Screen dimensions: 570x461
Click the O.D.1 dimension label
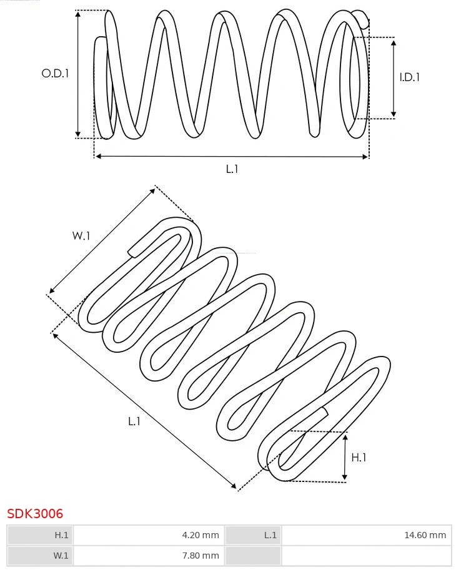tap(55, 73)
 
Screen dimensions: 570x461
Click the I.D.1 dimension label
tap(409, 77)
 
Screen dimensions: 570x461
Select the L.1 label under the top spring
tap(232, 169)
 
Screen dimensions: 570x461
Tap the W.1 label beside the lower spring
tap(81, 235)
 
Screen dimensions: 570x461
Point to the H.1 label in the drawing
tap(359, 457)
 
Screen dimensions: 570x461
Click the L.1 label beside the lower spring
tap(134, 421)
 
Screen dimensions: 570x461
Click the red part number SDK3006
tap(35, 514)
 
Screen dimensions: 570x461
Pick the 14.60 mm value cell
tap(366, 535)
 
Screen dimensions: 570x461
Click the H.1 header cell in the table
tap(40, 535)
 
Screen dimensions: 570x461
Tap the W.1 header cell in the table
tap(40, 555)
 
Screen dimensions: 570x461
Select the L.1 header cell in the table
tap(253, 535)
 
